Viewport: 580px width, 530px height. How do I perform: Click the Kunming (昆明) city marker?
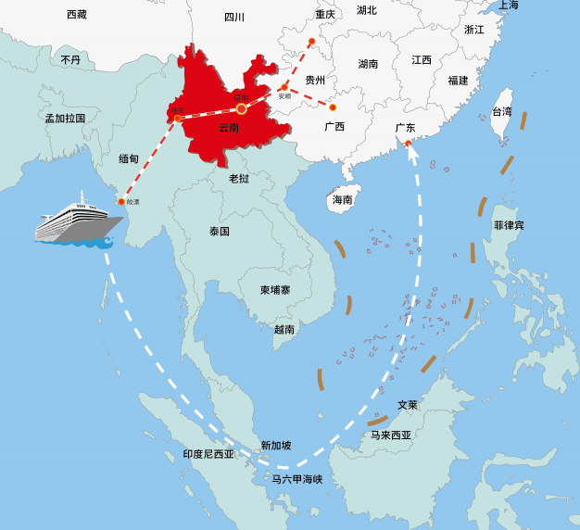(241, 108)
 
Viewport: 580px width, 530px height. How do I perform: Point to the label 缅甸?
(129, 159)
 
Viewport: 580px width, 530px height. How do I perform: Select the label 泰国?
(220, 232)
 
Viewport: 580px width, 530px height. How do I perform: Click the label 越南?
(284, 329)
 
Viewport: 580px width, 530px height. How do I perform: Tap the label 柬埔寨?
(275, 290)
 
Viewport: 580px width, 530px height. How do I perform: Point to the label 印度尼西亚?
(208, 454)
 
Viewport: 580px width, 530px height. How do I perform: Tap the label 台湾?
(501, 112)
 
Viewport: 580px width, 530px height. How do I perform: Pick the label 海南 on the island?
(342, 199)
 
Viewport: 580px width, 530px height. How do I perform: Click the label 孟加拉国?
(65, 118)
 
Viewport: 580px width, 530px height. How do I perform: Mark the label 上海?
(509, 5)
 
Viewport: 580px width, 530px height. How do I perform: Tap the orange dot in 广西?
(333, 107)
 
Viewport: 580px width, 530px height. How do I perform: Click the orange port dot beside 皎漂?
(120, 201)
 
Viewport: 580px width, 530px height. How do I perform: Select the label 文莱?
(408, 405)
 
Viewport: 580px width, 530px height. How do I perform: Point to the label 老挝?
(239, 179)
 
